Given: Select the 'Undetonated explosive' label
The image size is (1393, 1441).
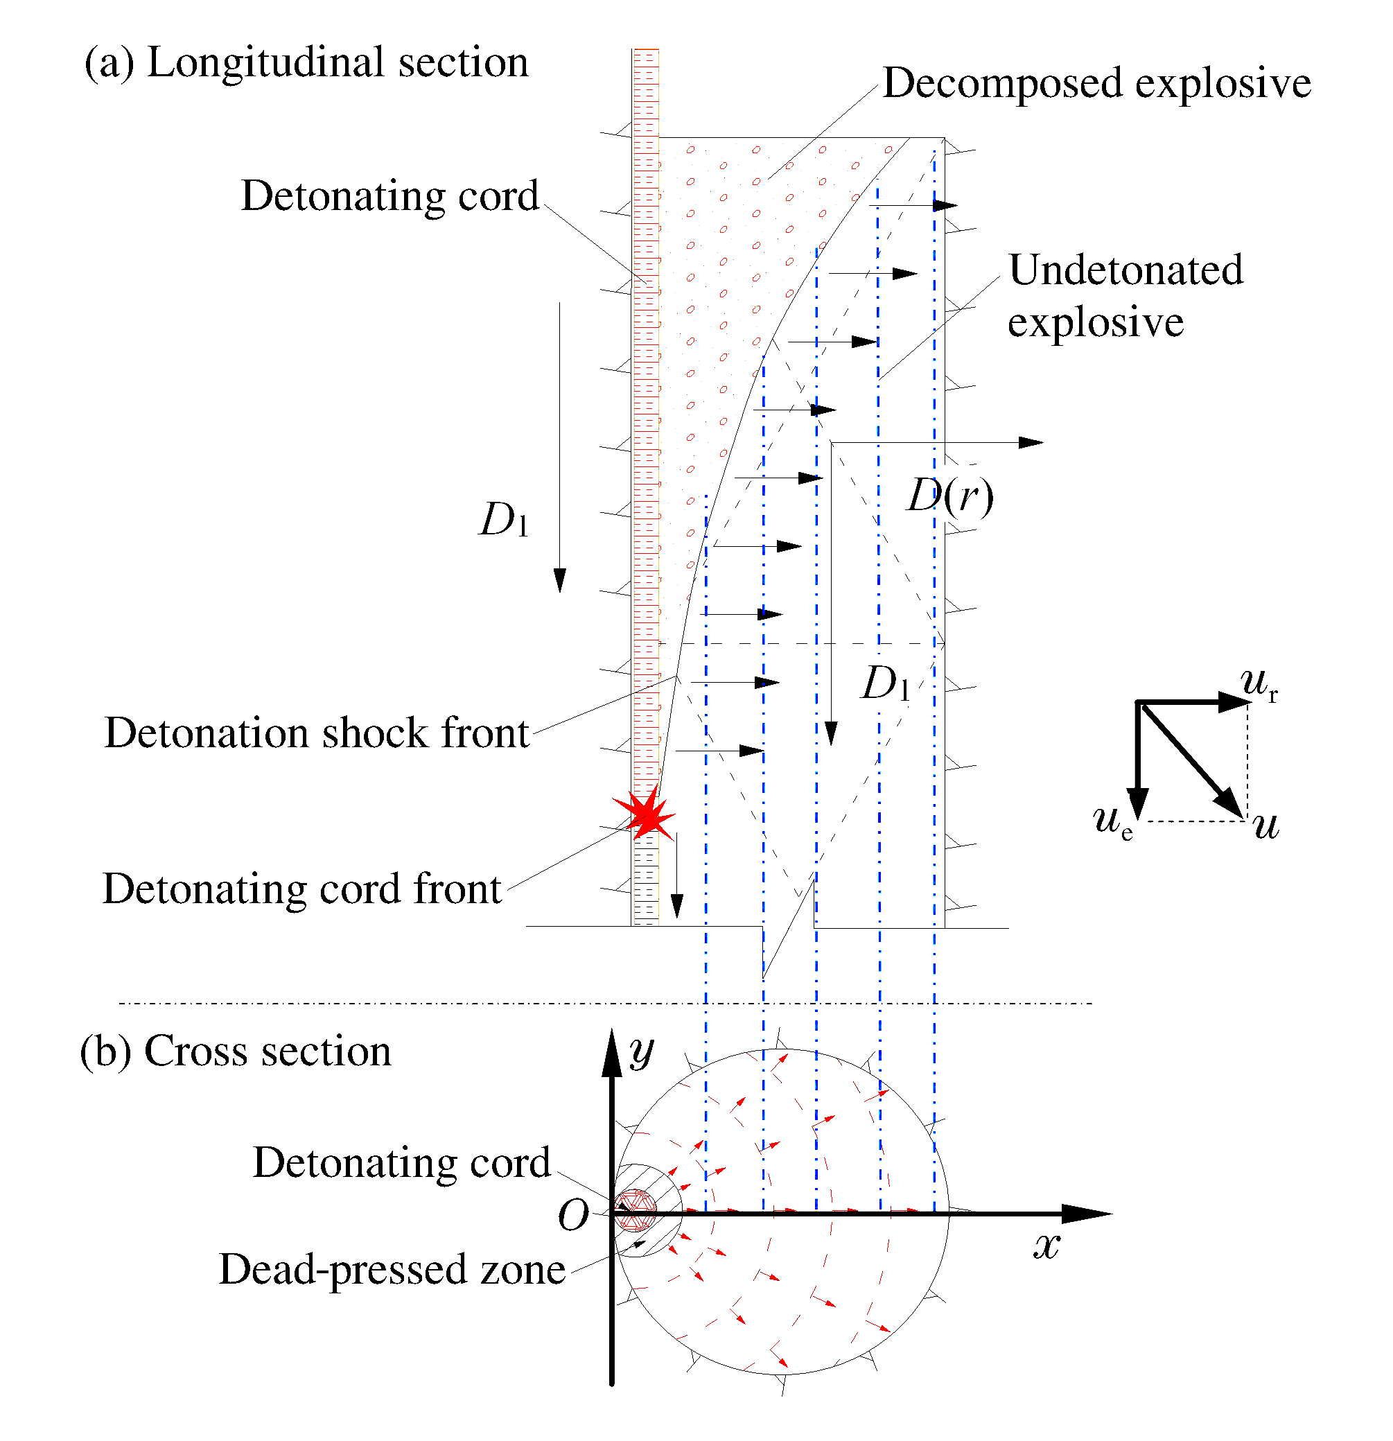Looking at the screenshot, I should point(1124,295).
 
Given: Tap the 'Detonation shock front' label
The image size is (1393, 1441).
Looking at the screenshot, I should point(317,733).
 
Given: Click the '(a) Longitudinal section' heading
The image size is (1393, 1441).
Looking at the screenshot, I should point(306,62).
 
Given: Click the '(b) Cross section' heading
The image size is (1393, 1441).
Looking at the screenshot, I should point(235,1051).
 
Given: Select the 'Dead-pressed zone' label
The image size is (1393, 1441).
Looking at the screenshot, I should point(392,1270).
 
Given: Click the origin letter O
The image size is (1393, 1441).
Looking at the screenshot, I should point(573,1214).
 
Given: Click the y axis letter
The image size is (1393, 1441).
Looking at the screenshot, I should point(641,1051).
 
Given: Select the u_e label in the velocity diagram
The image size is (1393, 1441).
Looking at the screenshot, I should point(1112,821).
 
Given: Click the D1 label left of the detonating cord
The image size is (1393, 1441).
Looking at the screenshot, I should point(504,521).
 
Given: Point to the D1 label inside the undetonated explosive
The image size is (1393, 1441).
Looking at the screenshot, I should point(885,683).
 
